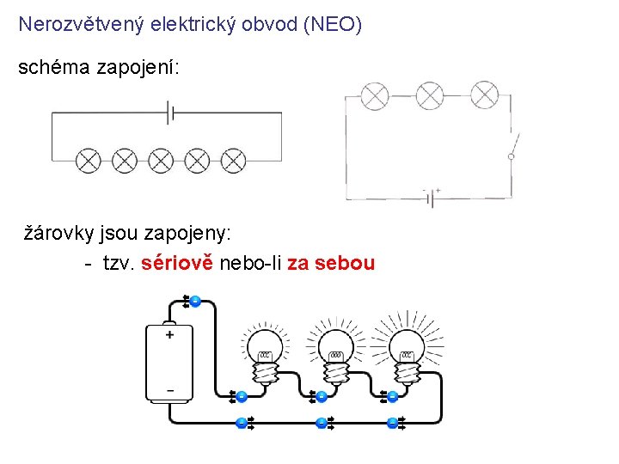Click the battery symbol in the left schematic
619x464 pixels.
(171, 112)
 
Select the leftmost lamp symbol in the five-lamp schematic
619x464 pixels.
(89, 160)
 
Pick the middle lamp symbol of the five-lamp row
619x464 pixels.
(161, 160)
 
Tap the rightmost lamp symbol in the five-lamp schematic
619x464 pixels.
(233, 160)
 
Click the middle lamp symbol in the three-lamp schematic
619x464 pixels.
(430, 95)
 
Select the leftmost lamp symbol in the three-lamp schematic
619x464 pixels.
(374, 95)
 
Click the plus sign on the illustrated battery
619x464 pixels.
(169, 335)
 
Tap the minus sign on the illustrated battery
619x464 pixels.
(169, 390)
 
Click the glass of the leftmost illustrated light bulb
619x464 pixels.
(266, 348)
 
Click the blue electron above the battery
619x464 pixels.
(195, 301)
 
